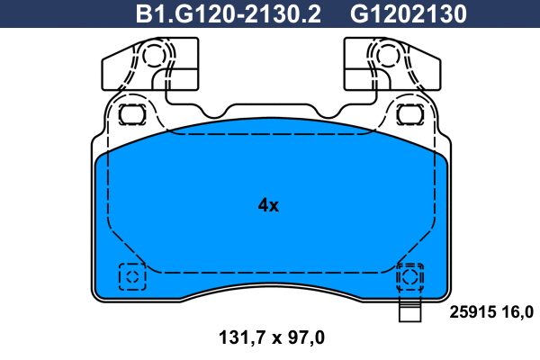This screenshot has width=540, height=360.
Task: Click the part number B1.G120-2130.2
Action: tap(228, 14)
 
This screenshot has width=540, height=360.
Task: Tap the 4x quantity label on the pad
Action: tap(268, 205)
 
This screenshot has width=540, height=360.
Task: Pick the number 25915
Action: tap(471, 312)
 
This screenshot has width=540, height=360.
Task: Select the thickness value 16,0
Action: tap(517, 312)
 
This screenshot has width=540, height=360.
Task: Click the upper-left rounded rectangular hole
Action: tap(131, 114)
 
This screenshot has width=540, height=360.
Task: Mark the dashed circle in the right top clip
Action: tap(386, 57)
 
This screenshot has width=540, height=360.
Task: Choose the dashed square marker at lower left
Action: tap(131, 276)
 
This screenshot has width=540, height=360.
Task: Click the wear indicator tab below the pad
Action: tap(410, 312)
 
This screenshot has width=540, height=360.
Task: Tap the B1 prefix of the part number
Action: tap(147, 14)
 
